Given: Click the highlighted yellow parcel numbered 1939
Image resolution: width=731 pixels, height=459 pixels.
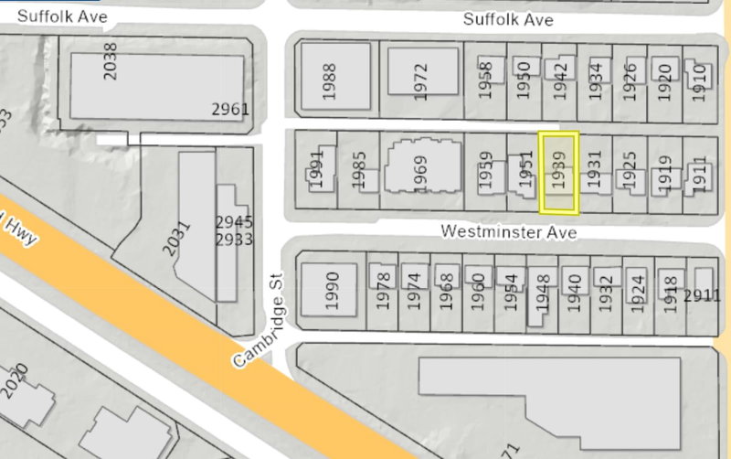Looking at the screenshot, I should pos(559,173).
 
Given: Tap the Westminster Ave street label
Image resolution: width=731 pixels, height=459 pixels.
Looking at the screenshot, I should pos(508,231).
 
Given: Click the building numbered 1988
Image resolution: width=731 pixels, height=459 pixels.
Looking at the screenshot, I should pos(330,80).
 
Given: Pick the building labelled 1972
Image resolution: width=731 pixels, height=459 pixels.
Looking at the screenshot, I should pos(420,80).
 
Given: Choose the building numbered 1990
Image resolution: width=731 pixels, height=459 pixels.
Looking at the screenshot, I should pos(332,289).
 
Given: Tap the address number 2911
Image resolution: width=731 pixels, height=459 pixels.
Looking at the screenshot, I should pos(703,295).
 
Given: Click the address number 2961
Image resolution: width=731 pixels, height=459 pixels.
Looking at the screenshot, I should pos(230,110).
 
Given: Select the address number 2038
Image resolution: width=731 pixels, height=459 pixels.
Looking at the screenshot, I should pos(111,60).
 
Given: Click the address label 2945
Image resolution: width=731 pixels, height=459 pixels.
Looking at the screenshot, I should pos(234,222).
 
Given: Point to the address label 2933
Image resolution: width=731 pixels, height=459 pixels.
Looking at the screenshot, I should pos(234,240).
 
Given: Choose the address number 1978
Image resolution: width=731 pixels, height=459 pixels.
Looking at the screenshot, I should pos(383,291).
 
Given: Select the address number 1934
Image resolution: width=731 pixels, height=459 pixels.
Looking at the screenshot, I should pos(595,80).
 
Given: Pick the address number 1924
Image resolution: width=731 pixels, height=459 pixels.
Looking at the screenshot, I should pos(638,291).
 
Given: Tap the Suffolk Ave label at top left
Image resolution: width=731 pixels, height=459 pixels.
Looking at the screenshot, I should pos(62,16).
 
